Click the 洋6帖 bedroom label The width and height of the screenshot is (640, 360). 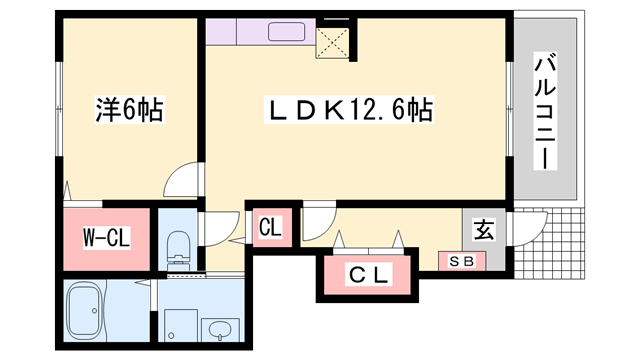(x=129, y=109)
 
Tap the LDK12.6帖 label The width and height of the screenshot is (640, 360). (x=349, y=109)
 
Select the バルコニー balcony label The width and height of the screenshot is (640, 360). (x=545, y=111)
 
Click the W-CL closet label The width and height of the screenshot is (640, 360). (x=107, y=238)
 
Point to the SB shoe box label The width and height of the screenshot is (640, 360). (x=462, y=261)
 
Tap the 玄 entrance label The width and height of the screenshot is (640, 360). (x=484, y=229)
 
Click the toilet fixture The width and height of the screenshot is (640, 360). (x=178, y=251)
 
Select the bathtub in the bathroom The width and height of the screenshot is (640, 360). (x=84, y=312)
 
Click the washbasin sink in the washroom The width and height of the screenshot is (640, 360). (x=220, y=330)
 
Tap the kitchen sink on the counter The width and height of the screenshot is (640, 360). (x=287, y=31)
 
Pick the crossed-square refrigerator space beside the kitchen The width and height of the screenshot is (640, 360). (x=332, y=42)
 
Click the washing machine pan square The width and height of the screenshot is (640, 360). (x=181, y=325)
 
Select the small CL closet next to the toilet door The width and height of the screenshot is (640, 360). (x=272, y=227)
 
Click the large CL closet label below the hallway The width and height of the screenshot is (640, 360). (x=369, y=275)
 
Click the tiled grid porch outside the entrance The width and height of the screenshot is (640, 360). (x=549, y=244)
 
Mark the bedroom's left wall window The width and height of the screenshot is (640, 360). (x=60, y=109)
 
